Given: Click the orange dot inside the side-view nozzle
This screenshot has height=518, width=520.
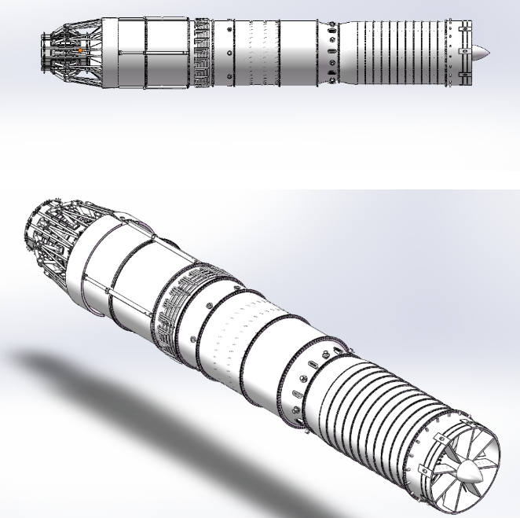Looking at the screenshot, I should click(x=80, y=51).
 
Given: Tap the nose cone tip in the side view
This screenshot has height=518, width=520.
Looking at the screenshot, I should click(x=488, y=53).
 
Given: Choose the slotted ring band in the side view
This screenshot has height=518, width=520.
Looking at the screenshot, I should click(x=203, y=52).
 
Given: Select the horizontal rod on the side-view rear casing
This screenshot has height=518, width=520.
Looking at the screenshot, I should click(x=149, y=53).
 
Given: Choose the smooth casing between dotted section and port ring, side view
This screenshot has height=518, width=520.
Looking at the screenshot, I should click(x=302, y=52).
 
